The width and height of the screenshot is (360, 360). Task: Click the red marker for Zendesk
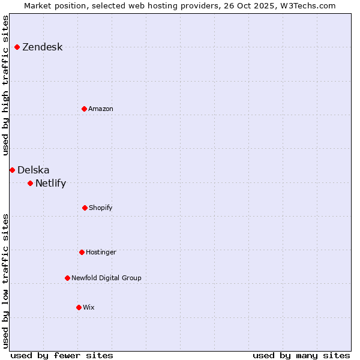tap(17, 47)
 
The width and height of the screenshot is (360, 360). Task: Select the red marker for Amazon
tap(84, 109)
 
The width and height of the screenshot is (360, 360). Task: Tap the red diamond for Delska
tap(12, 170)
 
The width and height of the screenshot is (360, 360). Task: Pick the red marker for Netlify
tap(30, 183)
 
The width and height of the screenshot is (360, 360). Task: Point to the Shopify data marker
tap(85, 208)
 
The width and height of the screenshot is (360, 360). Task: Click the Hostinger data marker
tap(82, 252)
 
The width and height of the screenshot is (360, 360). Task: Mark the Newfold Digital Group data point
tap(67, 278)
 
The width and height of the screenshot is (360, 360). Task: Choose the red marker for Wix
tap(79, 307)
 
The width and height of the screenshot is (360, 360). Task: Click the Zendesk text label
tap(42, 47)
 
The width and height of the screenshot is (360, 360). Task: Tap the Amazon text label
tap(101, 109)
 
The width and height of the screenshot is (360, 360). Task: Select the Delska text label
tap(34, 170)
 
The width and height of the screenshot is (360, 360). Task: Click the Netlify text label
tap(50, 184)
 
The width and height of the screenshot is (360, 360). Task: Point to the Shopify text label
tap(101, 208)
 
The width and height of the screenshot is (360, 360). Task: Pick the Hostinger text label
tap(101, 253)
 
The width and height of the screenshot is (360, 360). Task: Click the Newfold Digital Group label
tap(106, 278)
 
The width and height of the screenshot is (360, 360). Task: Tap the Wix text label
tap(89, 308)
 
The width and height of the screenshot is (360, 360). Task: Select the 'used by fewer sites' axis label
tap(62, 355)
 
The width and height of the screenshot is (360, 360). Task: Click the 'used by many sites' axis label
tap(301, 355)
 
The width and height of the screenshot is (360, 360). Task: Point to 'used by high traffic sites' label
tap(6, 85)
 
